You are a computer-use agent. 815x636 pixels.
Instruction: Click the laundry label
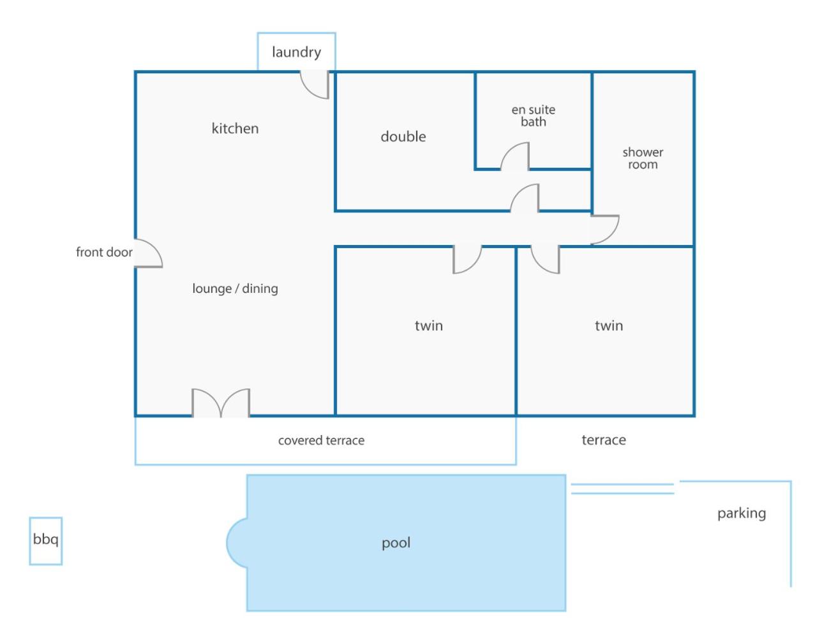(x=296, y=52)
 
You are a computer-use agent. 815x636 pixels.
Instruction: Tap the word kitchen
(x=235, y=129)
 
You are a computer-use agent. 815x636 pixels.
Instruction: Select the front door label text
(x=104, y=252)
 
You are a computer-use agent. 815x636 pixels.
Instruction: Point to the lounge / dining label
(x=235, y=288)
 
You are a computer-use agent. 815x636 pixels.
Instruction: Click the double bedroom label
(x=403, y=137)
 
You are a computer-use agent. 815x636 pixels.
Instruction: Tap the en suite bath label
(x=534, y=116)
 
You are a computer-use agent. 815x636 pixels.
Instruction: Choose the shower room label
(x=643, y=158)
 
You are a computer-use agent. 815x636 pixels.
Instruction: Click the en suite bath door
(x=515, y=156)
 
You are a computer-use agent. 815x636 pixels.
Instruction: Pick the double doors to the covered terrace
(x=221, y=403)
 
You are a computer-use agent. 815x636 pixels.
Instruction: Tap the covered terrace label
(x=321, y=440)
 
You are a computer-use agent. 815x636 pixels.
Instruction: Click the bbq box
(x=46, y=541)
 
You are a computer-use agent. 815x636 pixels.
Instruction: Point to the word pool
(x=396, y=544)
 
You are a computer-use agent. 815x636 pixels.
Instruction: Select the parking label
(x=742, y=514)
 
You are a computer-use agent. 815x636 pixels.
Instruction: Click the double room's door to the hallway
(x=525, y=198)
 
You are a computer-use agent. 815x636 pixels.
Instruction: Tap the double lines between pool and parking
(x=623, y=489)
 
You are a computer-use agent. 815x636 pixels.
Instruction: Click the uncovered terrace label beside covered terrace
(x=604, y=440)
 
